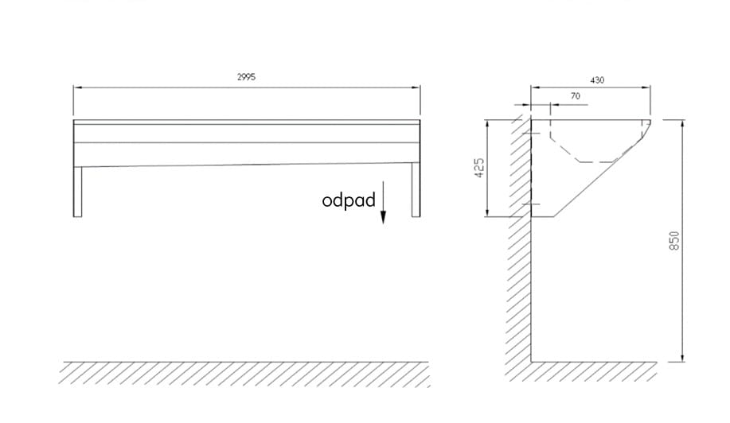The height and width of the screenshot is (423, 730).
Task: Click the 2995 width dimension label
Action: (x=246, y=77)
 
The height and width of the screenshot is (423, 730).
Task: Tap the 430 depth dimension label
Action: (x=597, y=80)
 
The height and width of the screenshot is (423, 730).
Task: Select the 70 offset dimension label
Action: (x=576, y=96)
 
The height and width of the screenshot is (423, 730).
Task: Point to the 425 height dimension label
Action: (x=479, y=168)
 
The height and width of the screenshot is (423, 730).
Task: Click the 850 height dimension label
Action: (x=674, y=241)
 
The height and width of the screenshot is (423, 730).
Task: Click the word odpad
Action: (x=349, y=200)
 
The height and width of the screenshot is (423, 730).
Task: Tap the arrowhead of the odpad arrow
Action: (x=383, y=218)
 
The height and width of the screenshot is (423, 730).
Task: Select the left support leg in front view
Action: (x=78, y=192)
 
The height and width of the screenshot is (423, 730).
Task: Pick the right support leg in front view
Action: (x=416, y=190)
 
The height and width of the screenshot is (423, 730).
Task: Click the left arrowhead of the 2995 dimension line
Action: (x=78, y=87)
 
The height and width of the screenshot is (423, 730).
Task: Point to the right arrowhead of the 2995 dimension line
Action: (x=416, y=87)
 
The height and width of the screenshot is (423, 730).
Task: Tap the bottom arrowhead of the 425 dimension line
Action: (x=487, y=212)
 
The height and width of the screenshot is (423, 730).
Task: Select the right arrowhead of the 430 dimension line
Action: (x=646, y=87)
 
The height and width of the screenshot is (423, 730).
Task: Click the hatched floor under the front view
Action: (x=244, y=374)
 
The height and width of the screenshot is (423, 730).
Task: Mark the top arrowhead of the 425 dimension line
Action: (x=487, y=125)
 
